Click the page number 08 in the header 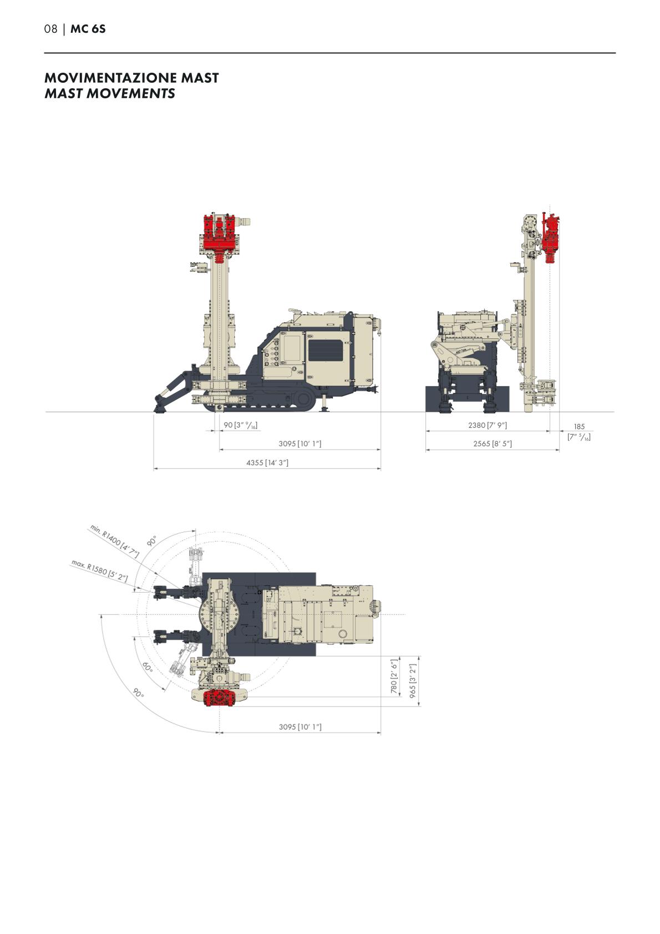(50, 29)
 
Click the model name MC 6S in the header (88, 29)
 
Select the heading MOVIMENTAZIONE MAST (131, 78)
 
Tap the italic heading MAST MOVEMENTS (110, 93)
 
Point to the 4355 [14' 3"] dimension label (267, 462)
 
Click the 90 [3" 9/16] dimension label (240, 425)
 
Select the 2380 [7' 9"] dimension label (488, 425)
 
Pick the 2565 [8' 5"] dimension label (493, 443)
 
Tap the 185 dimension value (579, 427)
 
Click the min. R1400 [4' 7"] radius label (115, 541)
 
